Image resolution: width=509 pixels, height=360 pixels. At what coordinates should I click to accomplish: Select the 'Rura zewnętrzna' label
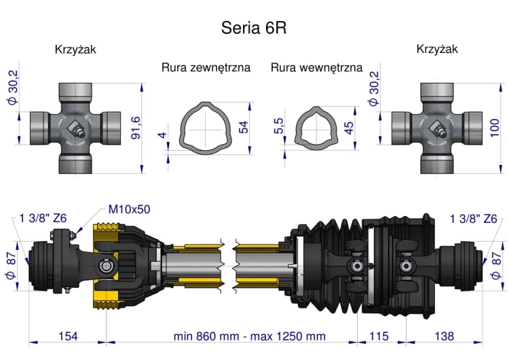[x=206, y=68]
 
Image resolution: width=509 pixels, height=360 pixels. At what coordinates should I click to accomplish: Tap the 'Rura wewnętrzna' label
[x=316, y=68]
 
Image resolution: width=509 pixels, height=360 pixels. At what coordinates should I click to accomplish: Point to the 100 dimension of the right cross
[x=495, y=127]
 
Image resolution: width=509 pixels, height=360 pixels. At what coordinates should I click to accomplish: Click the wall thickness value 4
[x=162, y=134]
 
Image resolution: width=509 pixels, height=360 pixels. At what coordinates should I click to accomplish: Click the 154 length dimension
[x=68, y=336]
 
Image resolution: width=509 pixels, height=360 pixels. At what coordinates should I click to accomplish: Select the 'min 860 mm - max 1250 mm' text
[x=250, y=336]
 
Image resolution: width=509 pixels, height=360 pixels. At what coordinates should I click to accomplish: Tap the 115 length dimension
[x=377, y=336]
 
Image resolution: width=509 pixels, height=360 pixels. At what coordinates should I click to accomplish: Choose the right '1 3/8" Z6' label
[x=474, y=218]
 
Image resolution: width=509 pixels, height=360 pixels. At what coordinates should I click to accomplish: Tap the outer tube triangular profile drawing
[x=204, y=126]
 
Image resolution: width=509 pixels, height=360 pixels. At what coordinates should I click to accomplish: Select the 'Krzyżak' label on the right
[x=437, y=49]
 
